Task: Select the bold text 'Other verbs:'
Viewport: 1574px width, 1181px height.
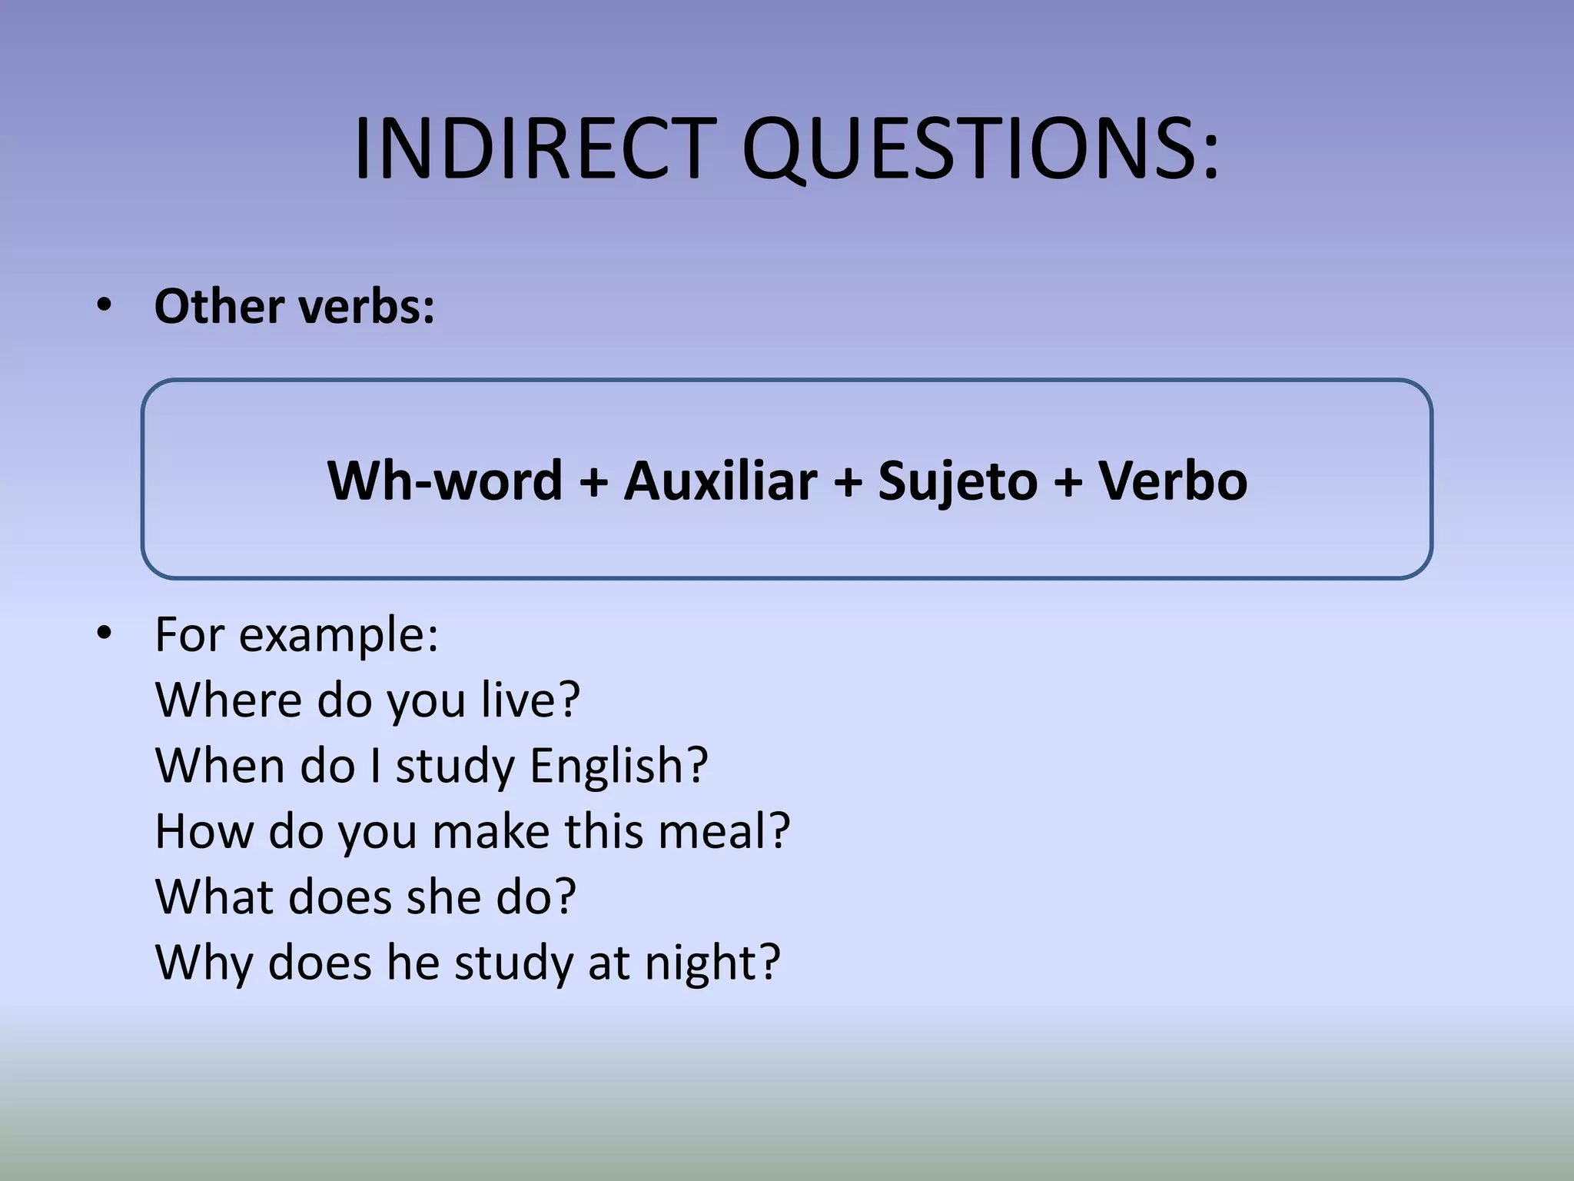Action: (294, 306)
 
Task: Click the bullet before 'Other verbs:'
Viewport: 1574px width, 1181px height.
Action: (105, 306)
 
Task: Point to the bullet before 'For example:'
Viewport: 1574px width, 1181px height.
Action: (105, 634)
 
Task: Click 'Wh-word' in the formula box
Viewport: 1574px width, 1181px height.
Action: (445, 480)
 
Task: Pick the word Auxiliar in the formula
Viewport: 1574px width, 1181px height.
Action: (720, 480)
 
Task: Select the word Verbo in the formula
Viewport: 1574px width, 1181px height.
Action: (1173, 480)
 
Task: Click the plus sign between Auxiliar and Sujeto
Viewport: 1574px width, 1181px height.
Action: (848, 481)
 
